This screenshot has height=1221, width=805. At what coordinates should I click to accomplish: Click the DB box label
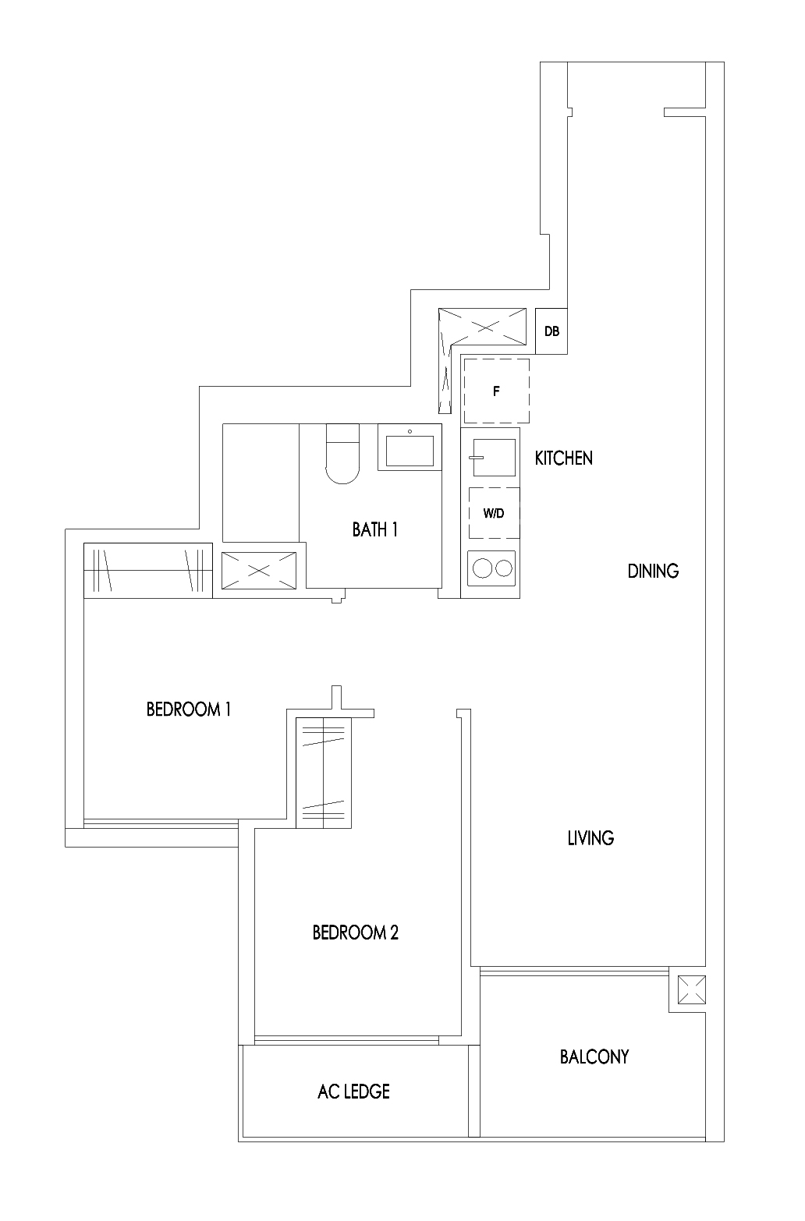[x=551, y=331]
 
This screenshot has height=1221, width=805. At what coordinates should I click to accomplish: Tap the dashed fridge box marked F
[x=496, y=392]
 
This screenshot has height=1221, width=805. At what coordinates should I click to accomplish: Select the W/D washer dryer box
[x=493, y=513]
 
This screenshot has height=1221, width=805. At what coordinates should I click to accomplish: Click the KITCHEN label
[x=563, y=458]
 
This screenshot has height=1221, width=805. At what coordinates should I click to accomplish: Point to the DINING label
[x=653, y=572]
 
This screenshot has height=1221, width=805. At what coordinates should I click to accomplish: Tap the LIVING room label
[x=590, y=839]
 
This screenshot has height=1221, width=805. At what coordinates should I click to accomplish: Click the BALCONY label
[x=594, y=1057]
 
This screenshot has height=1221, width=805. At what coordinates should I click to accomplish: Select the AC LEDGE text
[x=353, y=1092]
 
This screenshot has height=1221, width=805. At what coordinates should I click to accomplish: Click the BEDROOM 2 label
[x=355, y=933]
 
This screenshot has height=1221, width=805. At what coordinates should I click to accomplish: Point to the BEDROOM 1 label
[x=188, y=710]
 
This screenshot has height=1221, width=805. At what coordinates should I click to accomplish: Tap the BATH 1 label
[x=375, y=530]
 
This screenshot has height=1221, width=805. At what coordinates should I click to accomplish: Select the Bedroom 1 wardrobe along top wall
[x=148, y=570]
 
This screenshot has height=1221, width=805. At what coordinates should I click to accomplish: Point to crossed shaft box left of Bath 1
[x=259, y=570]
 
